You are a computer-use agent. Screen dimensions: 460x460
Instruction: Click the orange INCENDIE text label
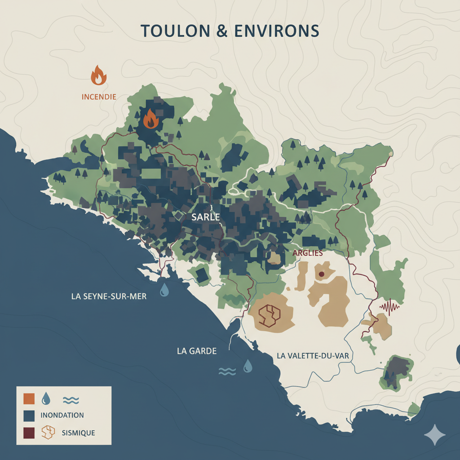[99, 97]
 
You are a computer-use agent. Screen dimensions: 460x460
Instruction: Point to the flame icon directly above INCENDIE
[98, 75]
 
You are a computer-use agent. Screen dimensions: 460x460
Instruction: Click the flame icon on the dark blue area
[150, 119]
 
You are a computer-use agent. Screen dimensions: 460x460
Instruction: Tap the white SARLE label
[205, 217]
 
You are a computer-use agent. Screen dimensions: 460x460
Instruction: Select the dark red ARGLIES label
[308, 253]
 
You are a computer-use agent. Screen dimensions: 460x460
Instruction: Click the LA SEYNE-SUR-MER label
[109, 297]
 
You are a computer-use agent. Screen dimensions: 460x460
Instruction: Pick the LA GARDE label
[197, 351]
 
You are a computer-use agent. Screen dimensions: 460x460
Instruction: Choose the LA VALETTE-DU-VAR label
[313, 356]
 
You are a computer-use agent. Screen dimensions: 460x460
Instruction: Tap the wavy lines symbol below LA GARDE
[227, 371]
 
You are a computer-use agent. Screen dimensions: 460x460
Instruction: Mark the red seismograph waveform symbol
[389, 307]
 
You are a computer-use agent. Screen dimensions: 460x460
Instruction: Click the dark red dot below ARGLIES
[321, 274]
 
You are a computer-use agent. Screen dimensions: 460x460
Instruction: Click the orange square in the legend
[29, 398]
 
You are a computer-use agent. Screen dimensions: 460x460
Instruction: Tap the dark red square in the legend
[29, 433]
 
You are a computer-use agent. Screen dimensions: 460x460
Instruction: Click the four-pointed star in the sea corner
[435, 434]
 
